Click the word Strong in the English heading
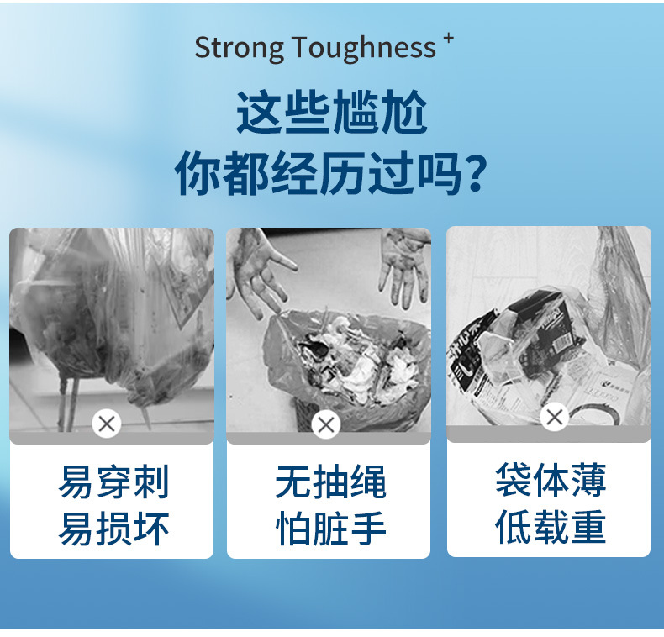pyautogui.click(x=239, y=48)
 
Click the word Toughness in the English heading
pyautogui.click(x=364, y=47)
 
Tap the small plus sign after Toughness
pyautogui.click(x=449, y=38)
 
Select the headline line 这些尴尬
pyautogui.click(x=331, y=112)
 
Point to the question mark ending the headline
pyautogui.click(x=476, y=174)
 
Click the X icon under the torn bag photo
pyautogui.click(x=107, y=424)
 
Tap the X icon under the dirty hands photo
pyautogui.click(x=326, y=425)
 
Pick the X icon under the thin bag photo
pyautogui.click(x=555, y=417)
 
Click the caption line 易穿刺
pyautogui.click(x=114, y=482)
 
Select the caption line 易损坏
pyautogui.click(x=114, y=529)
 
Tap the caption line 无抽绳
pyautogui.click(x=330, y=482)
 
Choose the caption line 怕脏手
pyautogui.click(x=330, y=529)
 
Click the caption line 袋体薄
pyautogui.click(x=551, y=480)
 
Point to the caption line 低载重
pyautogui.click(x=551, y=526)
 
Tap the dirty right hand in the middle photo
pyautogui.click(x=404, y=267)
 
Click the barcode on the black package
pyautogui.click(x=561, y=341)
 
